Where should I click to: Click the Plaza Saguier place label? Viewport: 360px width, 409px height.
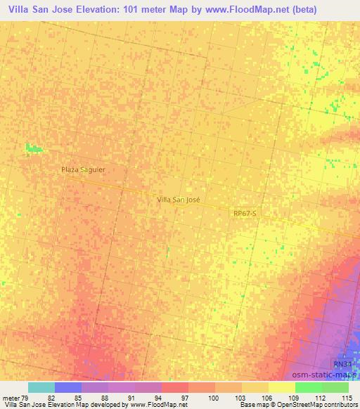(x=82, y=170)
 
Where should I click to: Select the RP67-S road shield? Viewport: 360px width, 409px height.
(x=246, y=212)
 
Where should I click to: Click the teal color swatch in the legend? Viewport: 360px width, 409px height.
(x=41, y=387)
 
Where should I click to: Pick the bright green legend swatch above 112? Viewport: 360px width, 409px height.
(x=309, y=387)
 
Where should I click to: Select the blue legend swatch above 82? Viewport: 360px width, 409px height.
(x=68, y=387)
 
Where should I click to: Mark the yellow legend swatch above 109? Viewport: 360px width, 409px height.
(x=282, y=387)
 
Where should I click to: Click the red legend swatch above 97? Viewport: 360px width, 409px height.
(x=175, y=387)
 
